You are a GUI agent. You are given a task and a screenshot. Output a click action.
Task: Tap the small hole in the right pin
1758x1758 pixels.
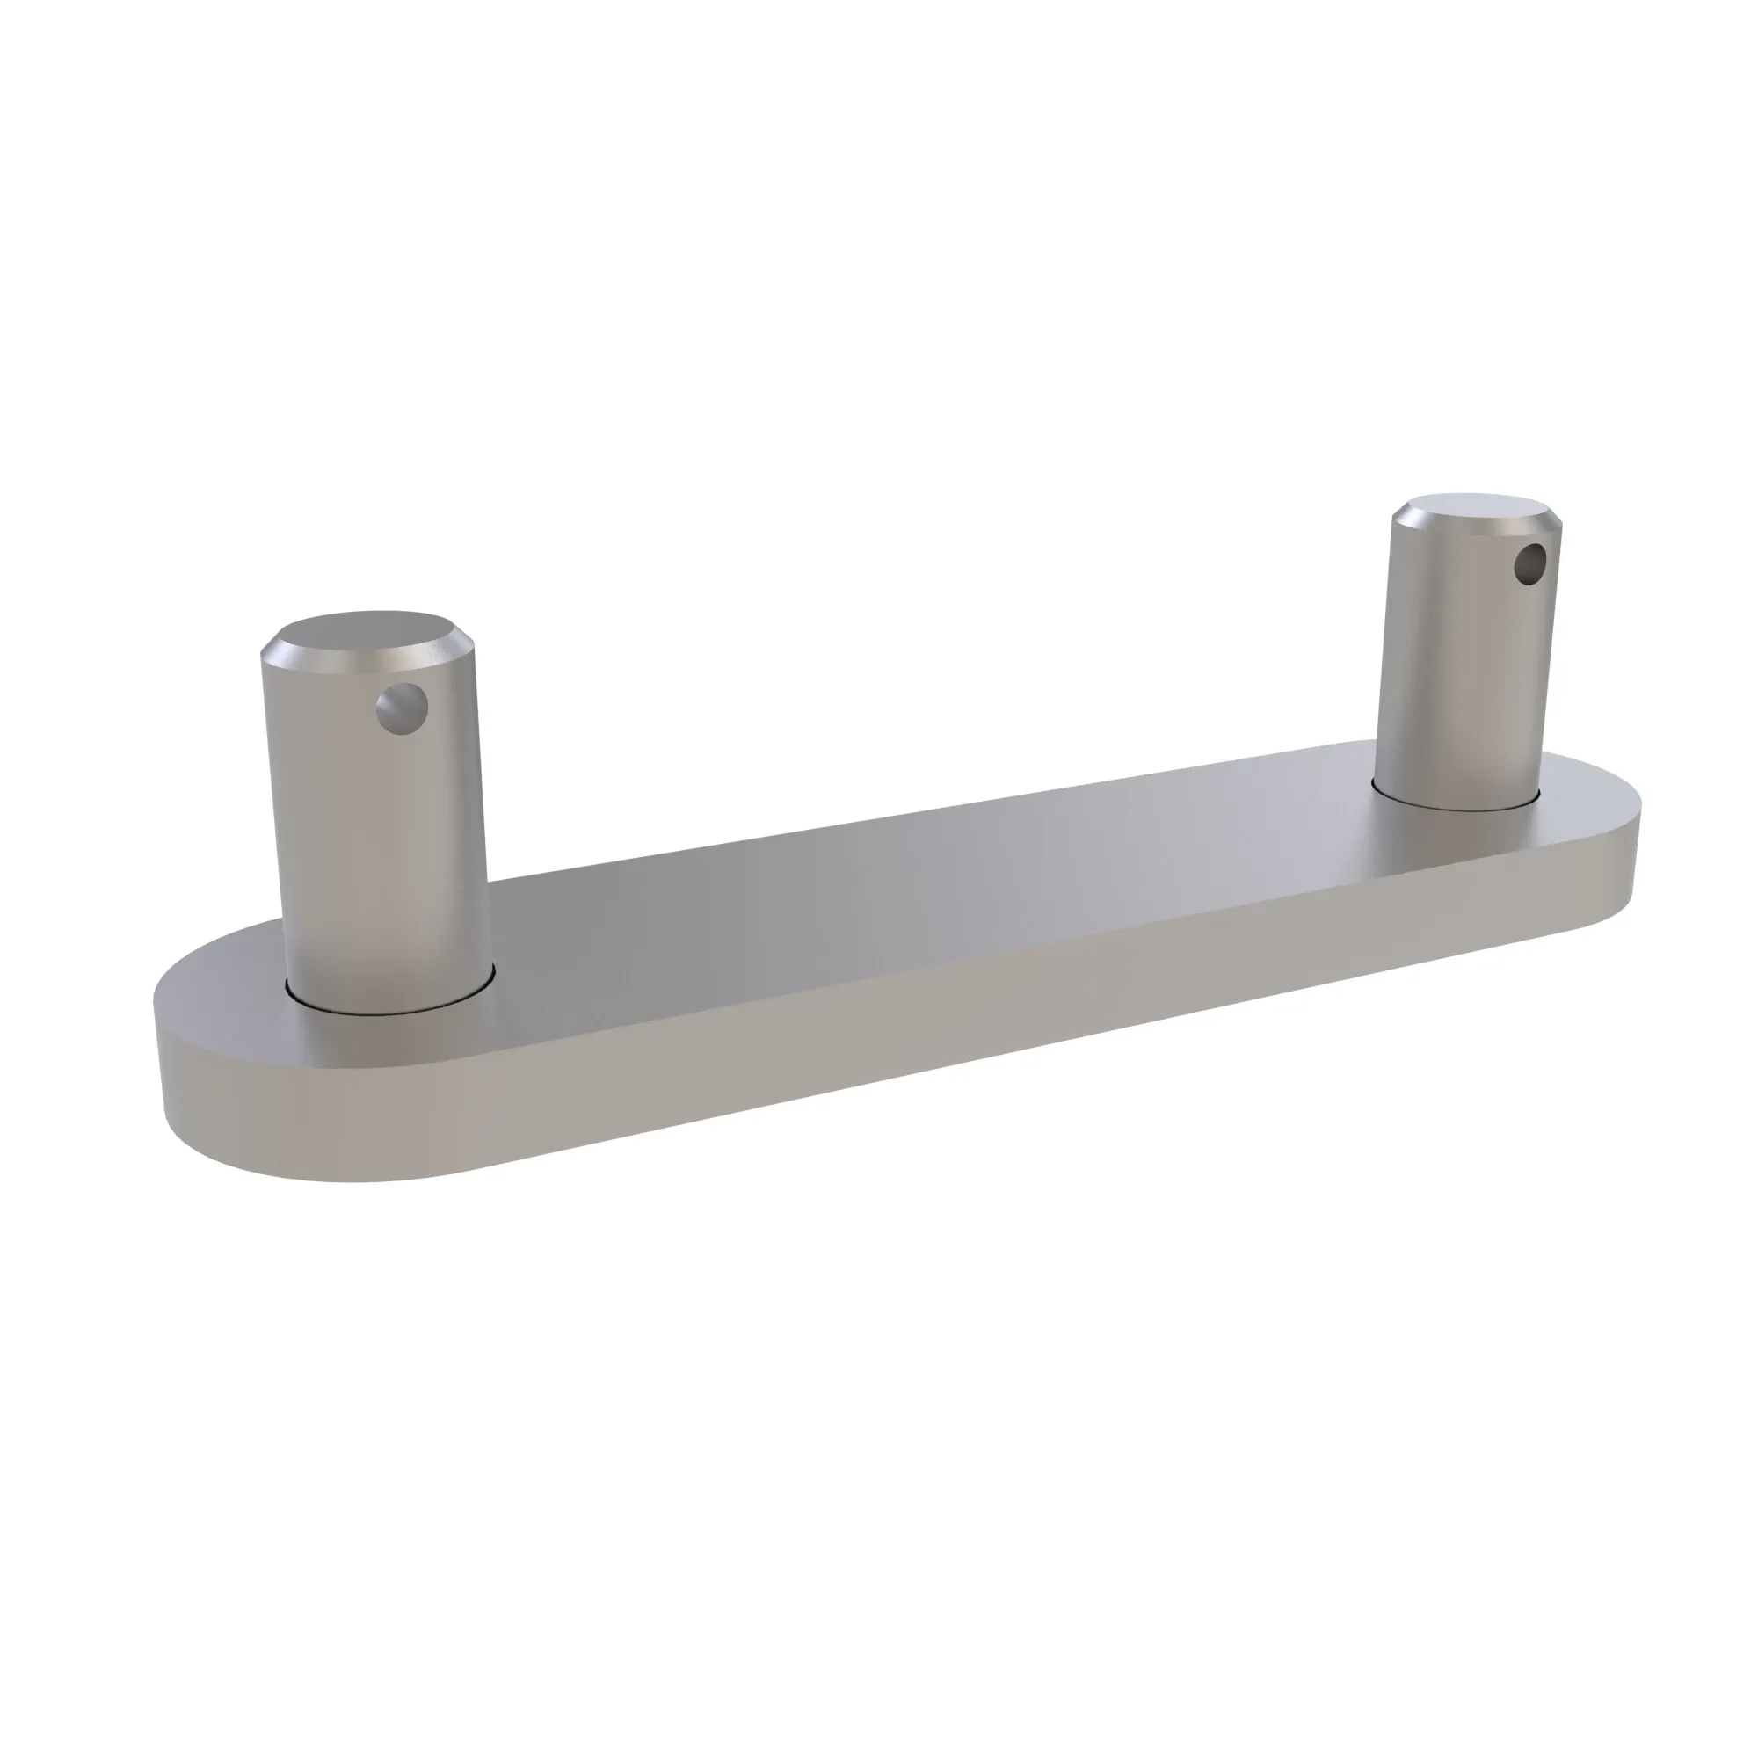click(x=1530, y=565)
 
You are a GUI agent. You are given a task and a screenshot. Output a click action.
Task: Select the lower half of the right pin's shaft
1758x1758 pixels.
click(x=1456, y=746)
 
